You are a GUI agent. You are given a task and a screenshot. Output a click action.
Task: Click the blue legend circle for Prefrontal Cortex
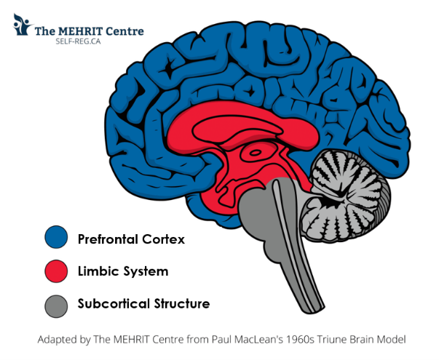tap(56, 237)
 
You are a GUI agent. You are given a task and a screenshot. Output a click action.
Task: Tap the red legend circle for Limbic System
tap(56, 271)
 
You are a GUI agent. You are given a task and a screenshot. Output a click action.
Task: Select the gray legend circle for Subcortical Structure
tap(56, 306)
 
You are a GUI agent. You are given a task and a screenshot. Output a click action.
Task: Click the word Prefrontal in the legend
tap(108, 239)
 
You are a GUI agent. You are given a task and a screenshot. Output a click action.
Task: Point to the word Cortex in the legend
tap(164, 239)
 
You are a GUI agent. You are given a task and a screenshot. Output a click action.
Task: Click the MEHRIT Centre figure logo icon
tap(22, 25)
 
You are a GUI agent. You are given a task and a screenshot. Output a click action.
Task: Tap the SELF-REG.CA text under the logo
tap(78, 41)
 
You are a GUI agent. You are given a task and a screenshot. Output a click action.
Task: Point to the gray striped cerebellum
tap(347, 196)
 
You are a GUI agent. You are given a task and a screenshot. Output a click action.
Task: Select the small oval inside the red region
tap(255, 153)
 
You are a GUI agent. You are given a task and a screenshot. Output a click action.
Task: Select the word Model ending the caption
tap(391, 340)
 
